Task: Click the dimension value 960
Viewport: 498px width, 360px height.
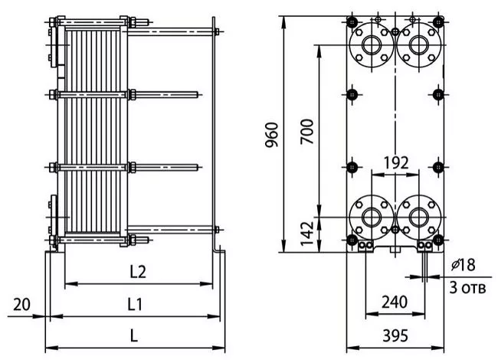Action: [x=272, y=135]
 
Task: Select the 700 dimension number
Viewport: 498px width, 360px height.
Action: [x=307, y=132]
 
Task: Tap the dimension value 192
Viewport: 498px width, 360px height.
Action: [x=396, y=163]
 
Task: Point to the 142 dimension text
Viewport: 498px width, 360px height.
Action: [x=307, y=234]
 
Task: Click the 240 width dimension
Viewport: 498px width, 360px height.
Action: [x=394, y=302]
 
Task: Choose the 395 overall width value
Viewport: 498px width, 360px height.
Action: [x=395, y=335]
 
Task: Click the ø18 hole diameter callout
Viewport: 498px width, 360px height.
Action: [x=464, y=265]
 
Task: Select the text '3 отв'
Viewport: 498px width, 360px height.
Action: [x=467, y=288]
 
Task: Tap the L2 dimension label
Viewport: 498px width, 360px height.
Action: [x=138, y=272]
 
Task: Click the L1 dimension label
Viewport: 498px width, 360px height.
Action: [x=135, y=304]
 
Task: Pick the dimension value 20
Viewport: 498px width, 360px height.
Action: [x=21, y=304]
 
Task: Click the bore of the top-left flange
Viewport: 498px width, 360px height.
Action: [x=371, y=45]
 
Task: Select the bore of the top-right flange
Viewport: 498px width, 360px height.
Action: [x=419, y=45]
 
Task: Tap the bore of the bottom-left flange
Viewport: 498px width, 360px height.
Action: [x=371, y=217]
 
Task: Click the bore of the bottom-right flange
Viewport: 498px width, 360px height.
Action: [x=419, y=217]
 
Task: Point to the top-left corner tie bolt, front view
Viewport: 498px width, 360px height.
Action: [x=352, y=22]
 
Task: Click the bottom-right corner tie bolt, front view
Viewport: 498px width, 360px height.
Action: [x=438, y=240]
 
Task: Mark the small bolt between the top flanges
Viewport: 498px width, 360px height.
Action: [x=395, y=31]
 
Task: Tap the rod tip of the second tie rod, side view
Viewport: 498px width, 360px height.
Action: [x=198, y=95]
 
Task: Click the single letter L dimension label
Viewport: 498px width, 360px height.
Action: [x=134, y=335]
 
